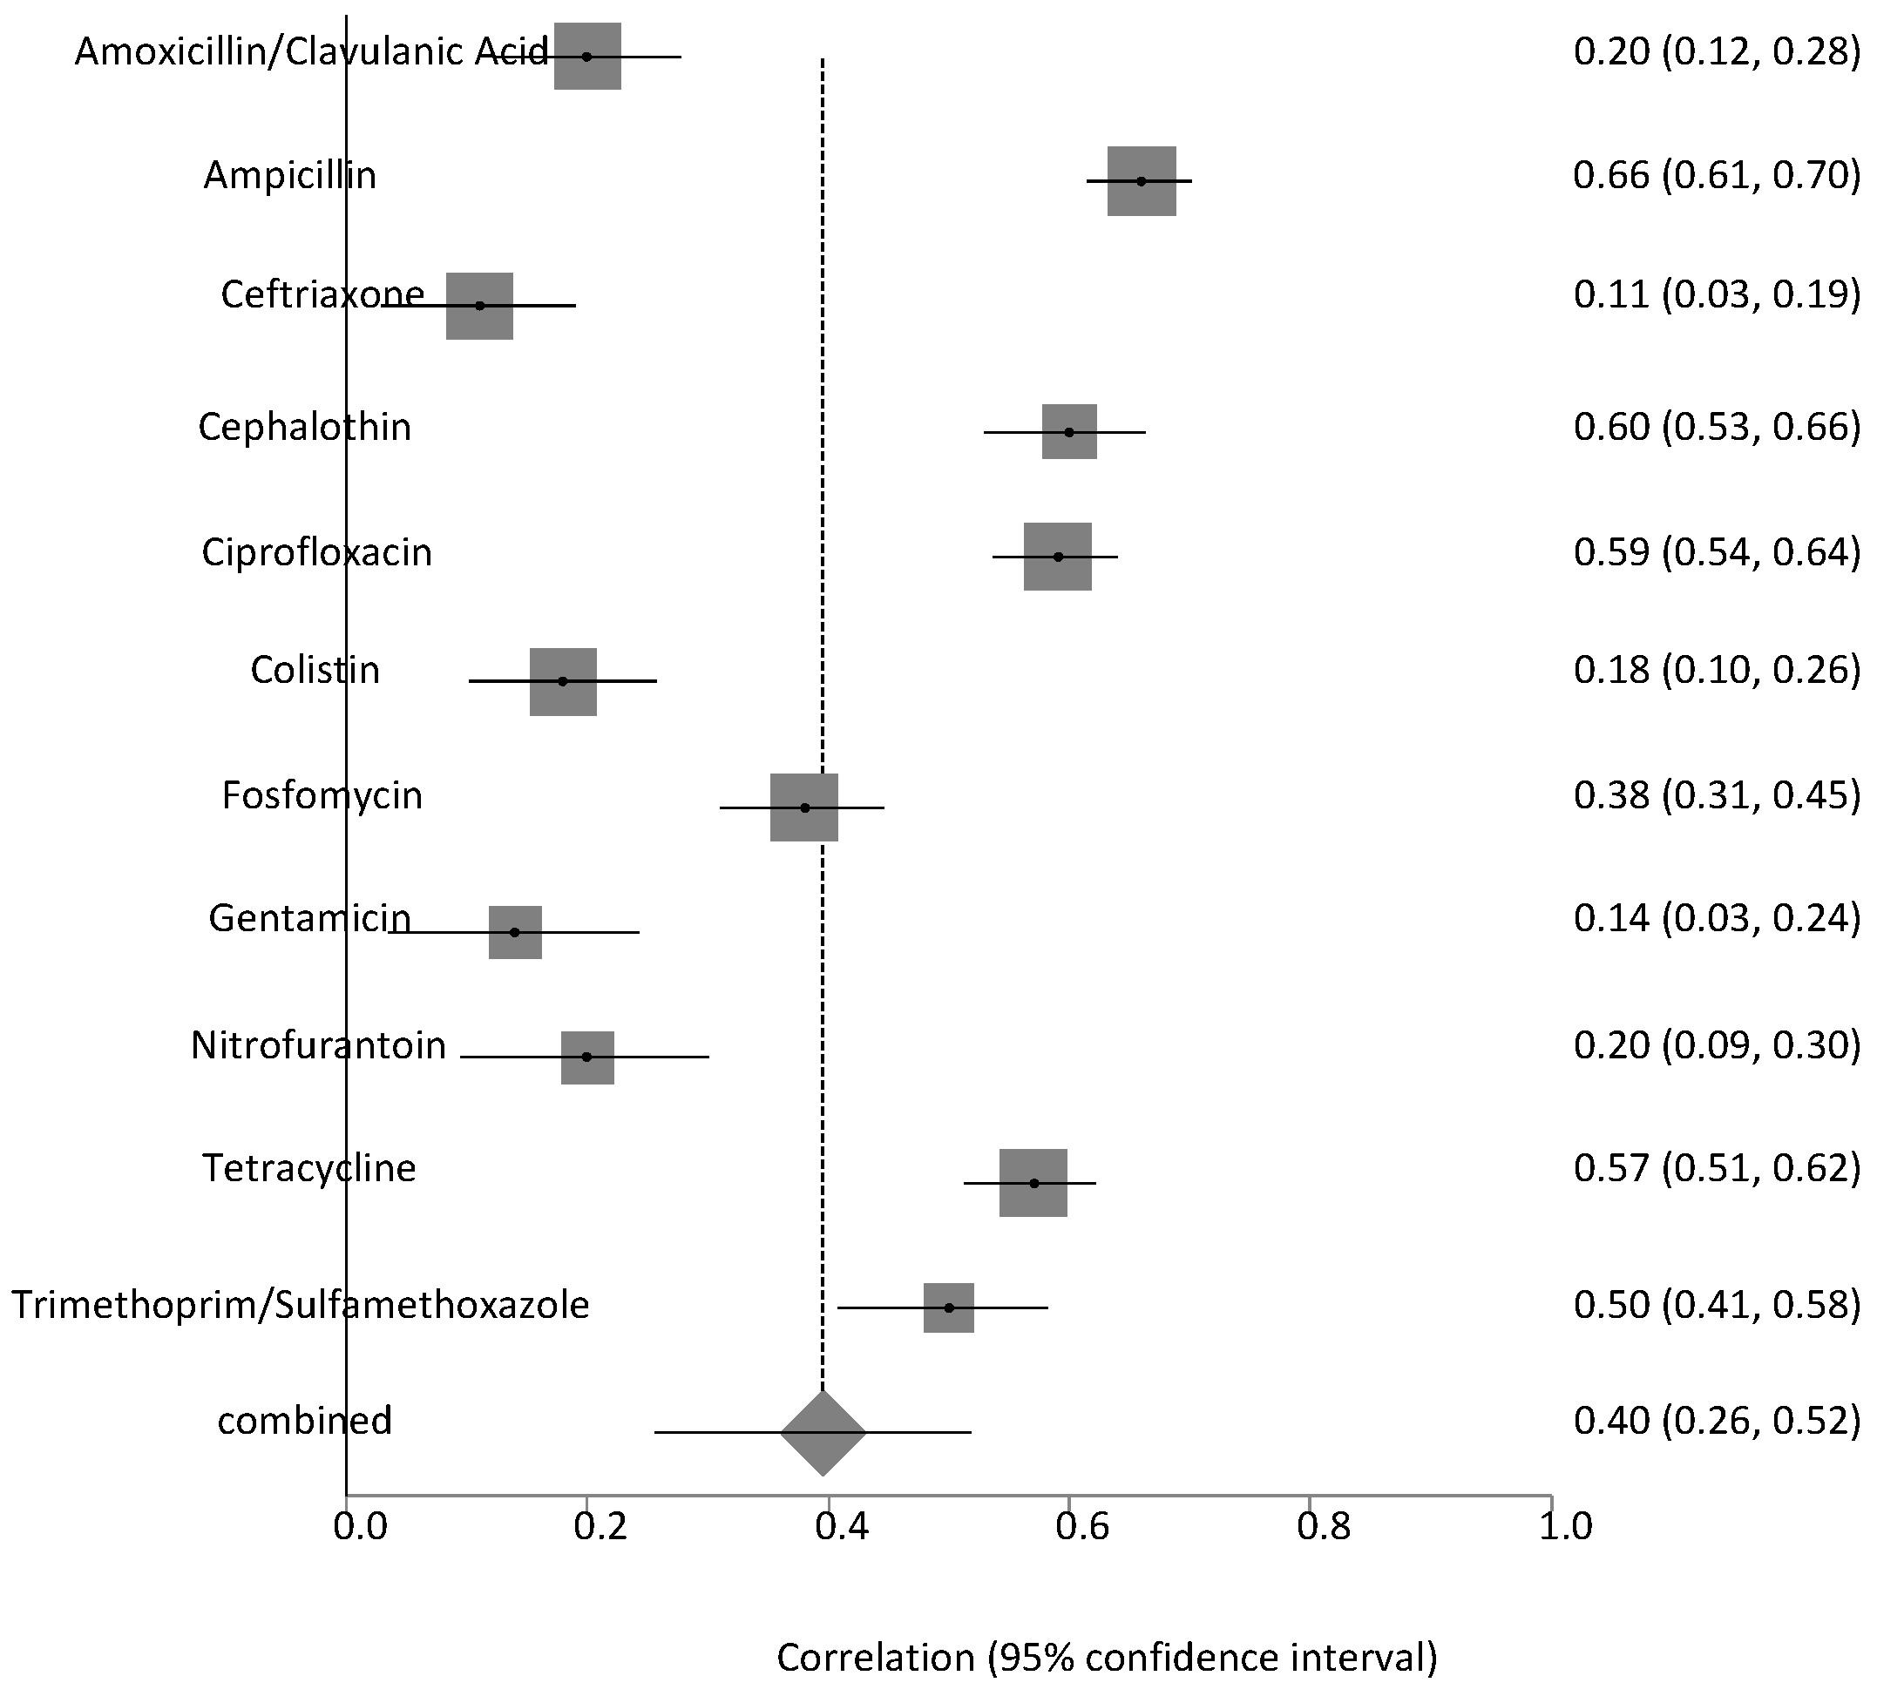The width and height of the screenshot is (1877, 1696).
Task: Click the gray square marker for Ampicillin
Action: [x=1142, y=180]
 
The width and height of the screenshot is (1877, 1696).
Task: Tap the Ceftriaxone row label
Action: [x=322, y=295]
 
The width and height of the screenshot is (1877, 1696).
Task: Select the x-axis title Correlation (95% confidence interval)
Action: [x=1107, y=1658]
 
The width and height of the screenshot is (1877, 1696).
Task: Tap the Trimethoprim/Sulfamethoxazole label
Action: [x=300, y=1304]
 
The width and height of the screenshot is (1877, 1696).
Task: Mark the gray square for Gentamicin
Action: [x=515, y=932]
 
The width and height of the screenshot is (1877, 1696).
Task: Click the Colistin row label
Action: [x=315, y=670]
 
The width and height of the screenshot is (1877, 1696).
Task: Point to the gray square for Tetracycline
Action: [x=1033, y=1183]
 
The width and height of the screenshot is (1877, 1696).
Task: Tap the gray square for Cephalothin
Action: [x=1070, y=432]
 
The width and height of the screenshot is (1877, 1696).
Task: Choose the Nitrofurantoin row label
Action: [x=318, y=1045]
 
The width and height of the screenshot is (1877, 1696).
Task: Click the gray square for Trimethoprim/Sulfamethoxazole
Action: [x=949, y=1307]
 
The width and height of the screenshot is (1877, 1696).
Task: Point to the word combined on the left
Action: [x=304, y=1421]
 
